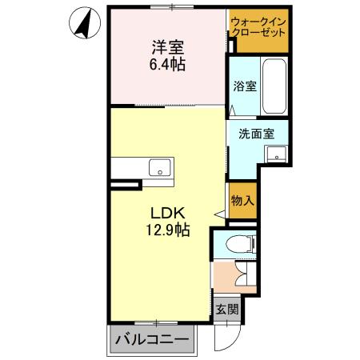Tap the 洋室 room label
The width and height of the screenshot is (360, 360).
[x=166, y=46]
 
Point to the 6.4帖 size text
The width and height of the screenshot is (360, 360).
[x=166, y=64]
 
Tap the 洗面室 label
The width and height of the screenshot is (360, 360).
[x=256, y=134]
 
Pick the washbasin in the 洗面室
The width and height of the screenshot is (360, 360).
[x=277, y=154]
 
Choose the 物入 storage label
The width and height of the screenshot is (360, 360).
[x=242, y=200]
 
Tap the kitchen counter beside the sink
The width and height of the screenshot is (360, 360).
[x=128, y=169]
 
